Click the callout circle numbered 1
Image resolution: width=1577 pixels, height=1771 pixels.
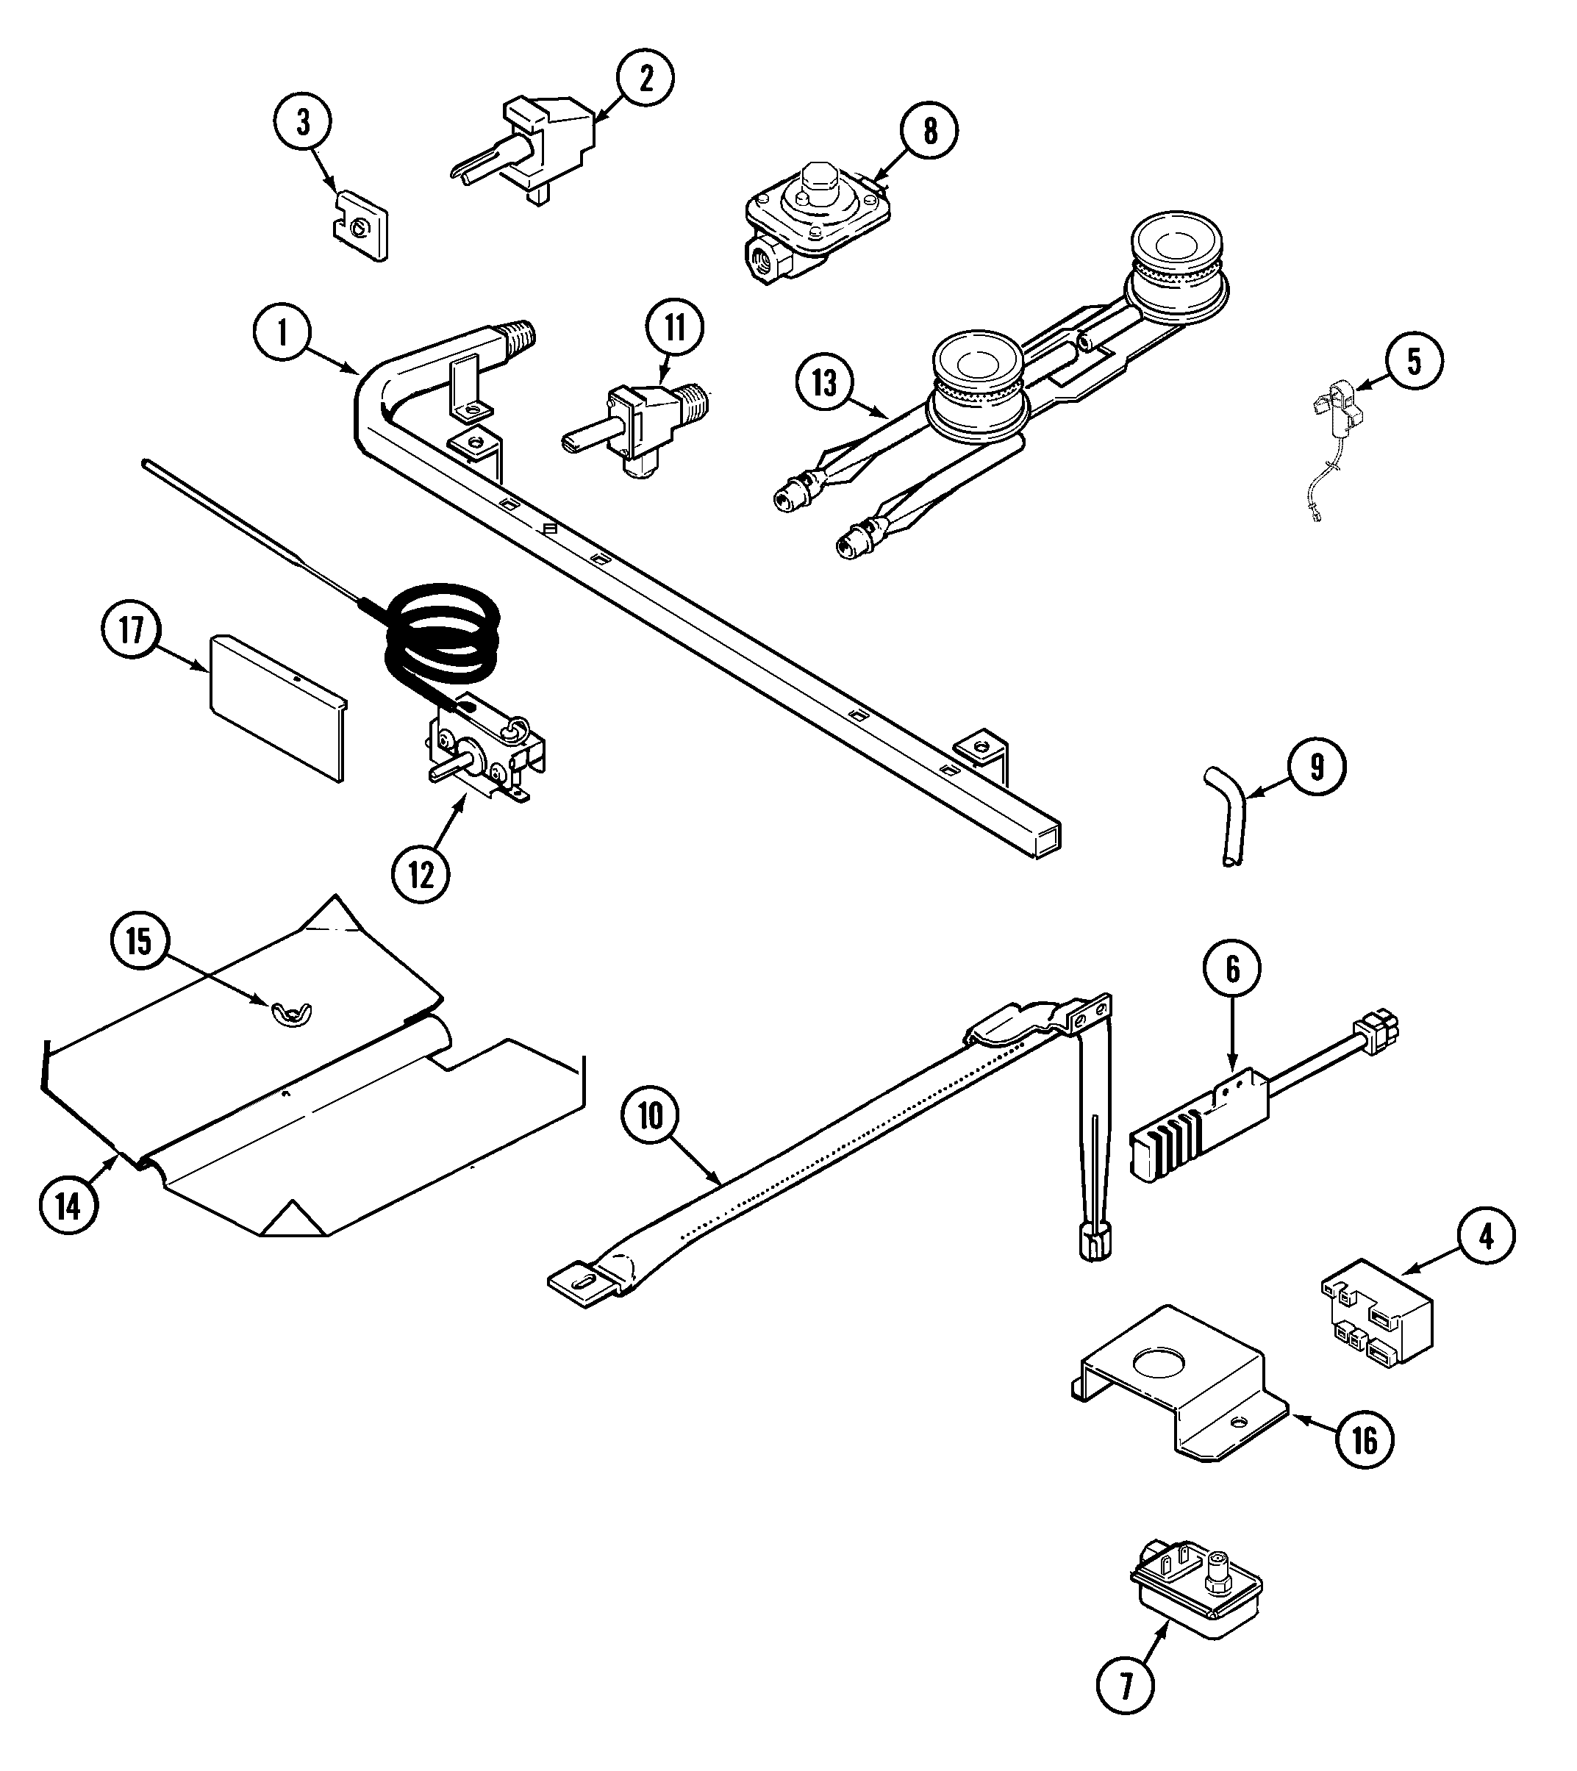coord(282,334)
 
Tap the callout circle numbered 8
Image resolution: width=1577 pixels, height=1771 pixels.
coord(930,131)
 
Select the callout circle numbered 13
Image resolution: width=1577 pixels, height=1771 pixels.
coord(825,382)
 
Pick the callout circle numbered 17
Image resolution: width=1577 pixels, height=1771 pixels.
coord(131,630)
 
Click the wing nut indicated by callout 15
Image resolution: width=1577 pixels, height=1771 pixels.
coord(293,1011)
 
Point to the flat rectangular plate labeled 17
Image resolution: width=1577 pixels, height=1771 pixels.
coord(276,706)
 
